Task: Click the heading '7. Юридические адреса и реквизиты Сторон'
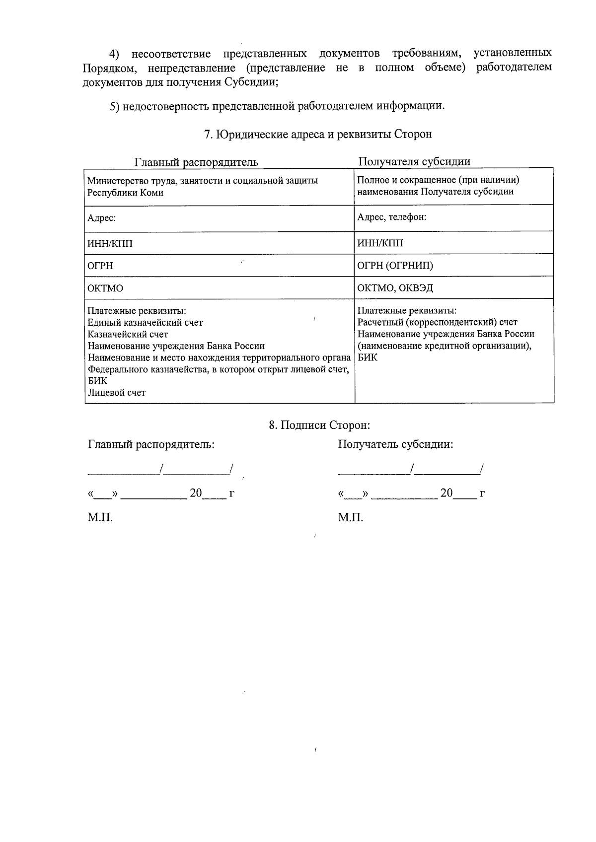[318, 134]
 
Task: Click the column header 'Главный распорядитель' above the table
[196, 162]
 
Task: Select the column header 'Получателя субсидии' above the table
[414, 161]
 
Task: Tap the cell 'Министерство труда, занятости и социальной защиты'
[203, 181]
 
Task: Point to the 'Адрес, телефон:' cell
[392, 217]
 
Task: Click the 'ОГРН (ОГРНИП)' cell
[395, 266]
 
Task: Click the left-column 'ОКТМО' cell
[105, 288]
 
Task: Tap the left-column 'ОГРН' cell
[100, 266]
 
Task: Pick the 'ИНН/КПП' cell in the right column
[380, 243]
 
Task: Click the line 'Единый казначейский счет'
[145, 323]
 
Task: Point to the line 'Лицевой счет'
[117, 393]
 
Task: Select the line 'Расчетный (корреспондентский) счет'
[438, 323]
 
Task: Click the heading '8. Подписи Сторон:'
[320, 425]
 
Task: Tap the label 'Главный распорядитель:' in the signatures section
[151, 444]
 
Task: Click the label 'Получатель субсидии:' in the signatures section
[395, 444]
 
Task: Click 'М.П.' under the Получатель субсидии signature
[351, 518]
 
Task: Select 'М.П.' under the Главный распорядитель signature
[100, 518]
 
